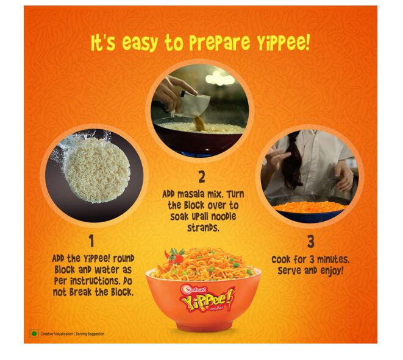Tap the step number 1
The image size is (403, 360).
91,241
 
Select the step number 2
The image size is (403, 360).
202,177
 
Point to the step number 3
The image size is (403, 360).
311,242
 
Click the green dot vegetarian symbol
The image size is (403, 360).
34,334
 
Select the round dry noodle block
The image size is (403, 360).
98,170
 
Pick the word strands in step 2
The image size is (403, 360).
203,228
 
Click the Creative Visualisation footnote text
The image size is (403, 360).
73,334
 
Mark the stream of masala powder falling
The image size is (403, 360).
200,123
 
